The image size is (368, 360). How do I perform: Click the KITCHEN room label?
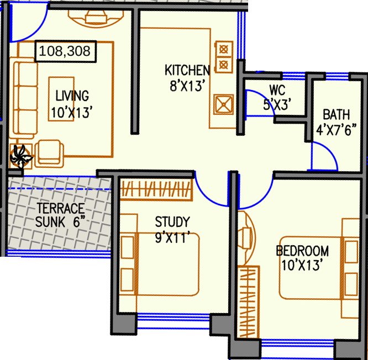(x=187, y=71)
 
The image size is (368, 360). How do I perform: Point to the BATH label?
(x=336, y=115)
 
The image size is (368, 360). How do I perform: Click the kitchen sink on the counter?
(x=223, y=104)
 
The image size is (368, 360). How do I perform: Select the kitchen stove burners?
(x=223, y=56)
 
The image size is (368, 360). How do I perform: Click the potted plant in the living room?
(x=21, y=156)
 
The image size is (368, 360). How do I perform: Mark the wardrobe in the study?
(x=156, y=189)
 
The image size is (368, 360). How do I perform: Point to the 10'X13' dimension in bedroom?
(x=302, y=266)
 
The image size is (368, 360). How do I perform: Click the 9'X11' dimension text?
(x=176, y=239)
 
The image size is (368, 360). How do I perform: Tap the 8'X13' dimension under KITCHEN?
(x=187, y=86)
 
